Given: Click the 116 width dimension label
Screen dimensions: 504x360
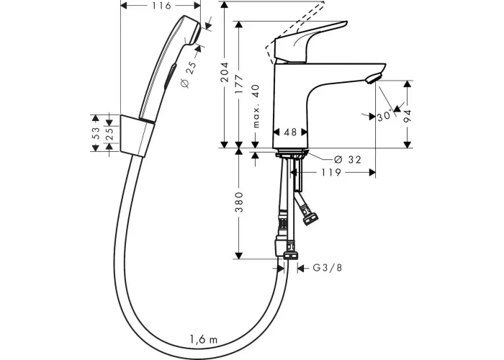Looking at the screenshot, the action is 161,6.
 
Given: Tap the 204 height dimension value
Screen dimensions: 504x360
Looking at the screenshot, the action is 225,72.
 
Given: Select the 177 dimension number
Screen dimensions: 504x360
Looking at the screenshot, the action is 239,85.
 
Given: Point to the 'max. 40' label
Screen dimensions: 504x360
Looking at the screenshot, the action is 256,107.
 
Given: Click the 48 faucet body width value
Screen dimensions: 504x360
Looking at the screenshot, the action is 290,132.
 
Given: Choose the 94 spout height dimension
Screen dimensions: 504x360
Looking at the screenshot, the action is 408,116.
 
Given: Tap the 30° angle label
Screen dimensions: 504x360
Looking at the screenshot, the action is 385,115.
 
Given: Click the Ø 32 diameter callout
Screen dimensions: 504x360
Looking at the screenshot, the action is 348,159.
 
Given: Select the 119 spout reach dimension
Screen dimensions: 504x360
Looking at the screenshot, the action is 331,173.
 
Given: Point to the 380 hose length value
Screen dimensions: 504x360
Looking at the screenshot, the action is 239,202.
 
